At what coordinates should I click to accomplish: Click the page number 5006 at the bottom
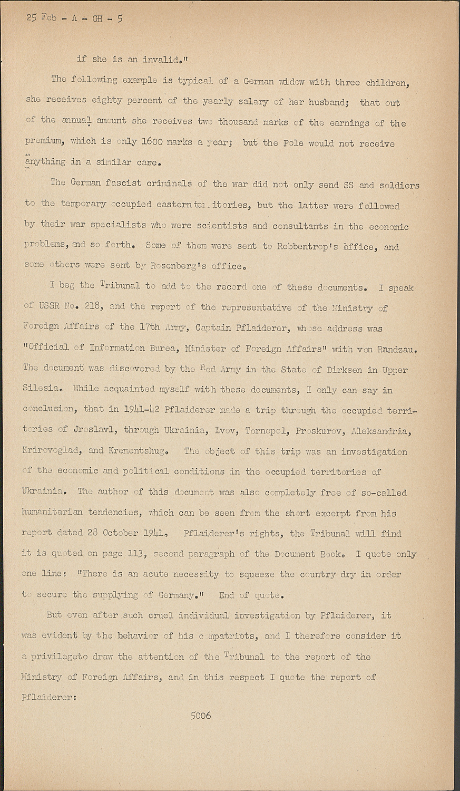coord(201,716)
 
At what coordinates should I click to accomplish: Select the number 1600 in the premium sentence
coord(153,142)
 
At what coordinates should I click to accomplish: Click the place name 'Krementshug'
coord(138,451)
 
